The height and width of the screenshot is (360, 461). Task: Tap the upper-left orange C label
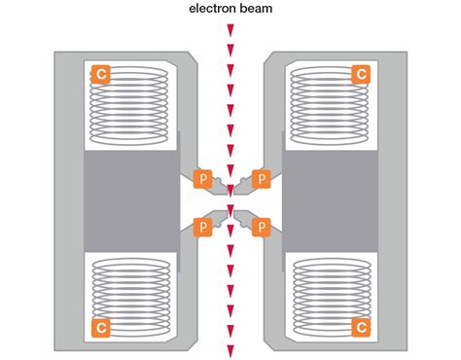click(x=99, y=73)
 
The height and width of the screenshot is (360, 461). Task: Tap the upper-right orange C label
click(x=360, y=73)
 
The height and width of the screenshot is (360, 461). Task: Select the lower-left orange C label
click(x=99, y=326)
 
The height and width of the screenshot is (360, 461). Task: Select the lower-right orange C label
click(x=360, y=326)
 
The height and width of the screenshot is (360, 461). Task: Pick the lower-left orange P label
click(x=202, y=226)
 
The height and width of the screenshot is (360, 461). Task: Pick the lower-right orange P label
click(x=259, y=226)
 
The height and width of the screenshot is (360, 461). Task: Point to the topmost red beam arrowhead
click(x=230, y=31)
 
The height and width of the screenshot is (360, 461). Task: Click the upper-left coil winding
click(x=131, y=102)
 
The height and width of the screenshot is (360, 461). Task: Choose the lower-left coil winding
click(x=131, y=292)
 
